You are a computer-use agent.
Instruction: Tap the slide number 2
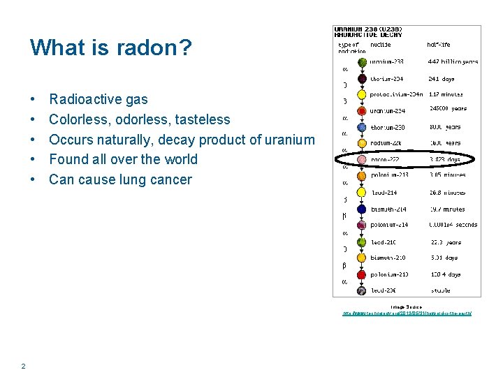[x=24, y=367]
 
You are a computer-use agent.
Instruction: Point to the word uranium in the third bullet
[x=289, y=140]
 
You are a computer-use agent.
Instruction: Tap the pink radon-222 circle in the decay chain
[x=361, y=160]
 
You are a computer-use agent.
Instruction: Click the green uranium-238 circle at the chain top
[x=361, y=62]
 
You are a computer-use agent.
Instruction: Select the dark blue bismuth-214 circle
[x=361, y=209]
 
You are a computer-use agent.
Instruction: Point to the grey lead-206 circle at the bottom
[x=361, y=290]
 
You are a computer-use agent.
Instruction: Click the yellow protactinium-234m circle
[x=361, y=94]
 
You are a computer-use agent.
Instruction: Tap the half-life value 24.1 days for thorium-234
[x=442, y=79]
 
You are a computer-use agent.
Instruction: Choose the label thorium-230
[x=387, y=128]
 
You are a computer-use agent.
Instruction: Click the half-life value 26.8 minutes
[x=446, y=193]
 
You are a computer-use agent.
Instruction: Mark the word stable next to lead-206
[x=440, y=290]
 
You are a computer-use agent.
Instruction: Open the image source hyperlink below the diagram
[x=407, y=313]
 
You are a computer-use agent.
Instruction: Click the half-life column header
[x=442, y=45]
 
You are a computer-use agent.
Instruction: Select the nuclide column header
[x=380, y=45]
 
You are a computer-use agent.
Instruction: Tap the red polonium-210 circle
[x=361, y=274]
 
